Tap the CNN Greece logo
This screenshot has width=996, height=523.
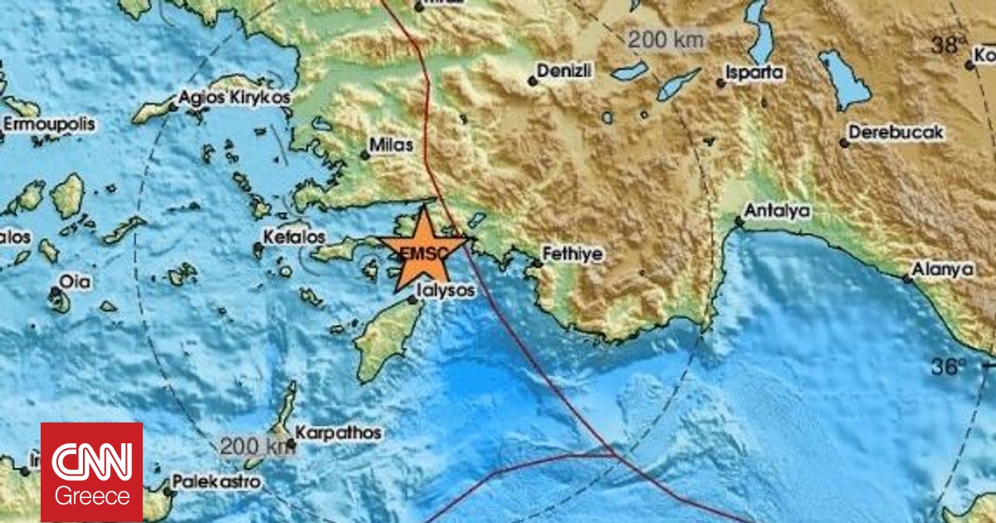click(92, 472)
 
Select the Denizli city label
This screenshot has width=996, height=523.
click(564, 71)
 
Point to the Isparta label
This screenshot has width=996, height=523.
click(754, 72)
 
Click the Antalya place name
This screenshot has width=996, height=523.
click(777, 211)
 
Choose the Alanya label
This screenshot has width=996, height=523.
click(942, 270)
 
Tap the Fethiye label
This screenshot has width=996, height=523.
click(573, 253)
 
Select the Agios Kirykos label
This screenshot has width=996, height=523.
click(235, 97)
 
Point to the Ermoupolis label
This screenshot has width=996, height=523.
click(48, 125)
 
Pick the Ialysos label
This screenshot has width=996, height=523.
click(447, 291)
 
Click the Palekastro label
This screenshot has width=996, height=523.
click(216, 481)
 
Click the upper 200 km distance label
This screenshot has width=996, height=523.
click(666, 38)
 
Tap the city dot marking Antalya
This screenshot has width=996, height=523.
click(738, 222)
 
